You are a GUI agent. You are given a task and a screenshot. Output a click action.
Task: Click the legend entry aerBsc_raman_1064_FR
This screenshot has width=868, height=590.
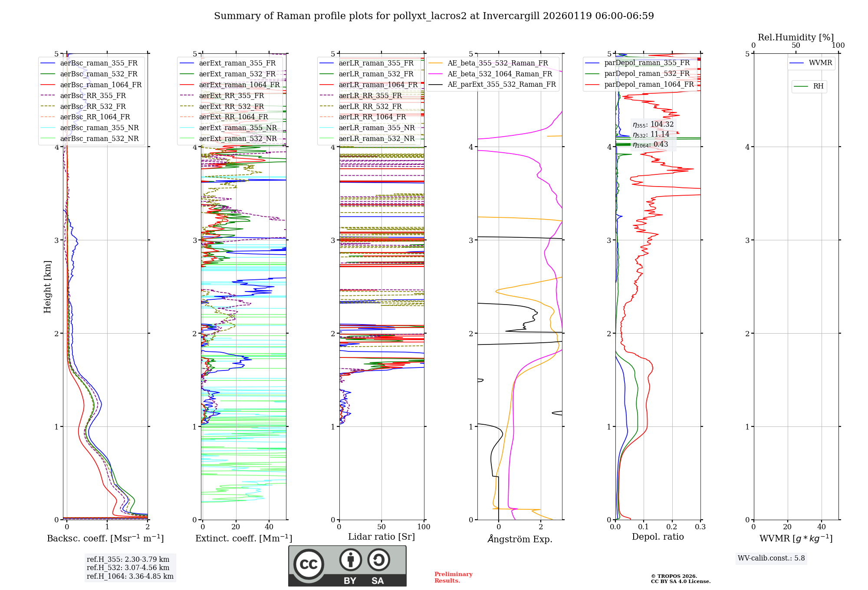101,85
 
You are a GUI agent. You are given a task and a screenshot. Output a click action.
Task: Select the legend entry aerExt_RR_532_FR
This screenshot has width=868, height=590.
231,106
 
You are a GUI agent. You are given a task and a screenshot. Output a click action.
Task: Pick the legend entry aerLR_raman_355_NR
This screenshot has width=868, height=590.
376,128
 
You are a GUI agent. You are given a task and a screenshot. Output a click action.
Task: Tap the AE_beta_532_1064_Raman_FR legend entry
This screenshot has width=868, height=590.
500,74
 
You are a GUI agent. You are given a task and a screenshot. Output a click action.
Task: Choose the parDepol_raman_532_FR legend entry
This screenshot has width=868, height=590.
647,74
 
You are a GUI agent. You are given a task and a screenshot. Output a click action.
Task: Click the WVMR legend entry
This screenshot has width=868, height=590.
820,63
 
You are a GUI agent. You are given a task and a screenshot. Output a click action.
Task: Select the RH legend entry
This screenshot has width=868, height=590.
818,86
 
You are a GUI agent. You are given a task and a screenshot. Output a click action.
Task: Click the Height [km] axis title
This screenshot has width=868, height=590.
47,287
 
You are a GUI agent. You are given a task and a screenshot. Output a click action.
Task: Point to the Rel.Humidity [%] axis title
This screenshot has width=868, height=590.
796,37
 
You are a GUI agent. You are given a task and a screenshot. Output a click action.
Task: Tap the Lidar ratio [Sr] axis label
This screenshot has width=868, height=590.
381,537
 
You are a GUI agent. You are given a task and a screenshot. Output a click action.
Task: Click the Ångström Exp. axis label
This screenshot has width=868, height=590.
519,539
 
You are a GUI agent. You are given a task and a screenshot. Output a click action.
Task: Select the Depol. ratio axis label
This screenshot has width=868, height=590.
658,537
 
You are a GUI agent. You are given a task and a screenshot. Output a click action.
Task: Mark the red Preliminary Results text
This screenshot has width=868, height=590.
453,577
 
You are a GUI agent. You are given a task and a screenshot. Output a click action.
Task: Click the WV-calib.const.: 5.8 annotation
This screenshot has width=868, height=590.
771,558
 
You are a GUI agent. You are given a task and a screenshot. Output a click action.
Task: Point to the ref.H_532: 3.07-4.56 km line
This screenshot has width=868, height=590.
128,567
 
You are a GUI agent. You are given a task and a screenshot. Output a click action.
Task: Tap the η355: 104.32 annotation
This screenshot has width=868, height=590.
653,125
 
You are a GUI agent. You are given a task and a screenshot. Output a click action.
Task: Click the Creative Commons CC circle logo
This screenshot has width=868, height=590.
309,564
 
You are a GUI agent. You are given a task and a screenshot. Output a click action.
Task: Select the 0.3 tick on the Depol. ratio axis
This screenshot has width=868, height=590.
700,527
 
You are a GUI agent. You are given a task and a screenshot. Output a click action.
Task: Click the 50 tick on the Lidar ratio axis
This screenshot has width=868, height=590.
381,527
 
